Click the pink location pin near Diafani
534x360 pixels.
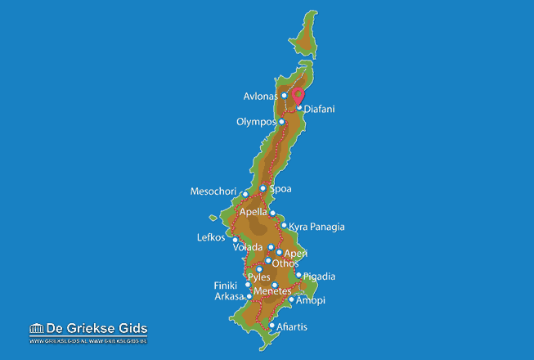click(298, 96)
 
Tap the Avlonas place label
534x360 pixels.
click(261, 97)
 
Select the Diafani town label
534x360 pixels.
click(320, 109)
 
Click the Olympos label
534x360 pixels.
click(256, 123)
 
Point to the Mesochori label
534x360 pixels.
click(214, 192)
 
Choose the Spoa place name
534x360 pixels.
click(280, 189)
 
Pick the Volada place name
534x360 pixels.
click(248, 247)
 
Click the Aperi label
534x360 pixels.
click(295, 254)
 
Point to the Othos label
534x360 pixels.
click(285, 263)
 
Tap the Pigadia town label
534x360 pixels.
click(319, 277)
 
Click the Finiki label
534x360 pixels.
click(226, 286)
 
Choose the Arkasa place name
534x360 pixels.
click(229, 296)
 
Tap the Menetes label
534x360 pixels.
click(272, 291)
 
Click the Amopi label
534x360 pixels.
click(311, 300)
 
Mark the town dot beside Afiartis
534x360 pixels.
click(272, 326)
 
